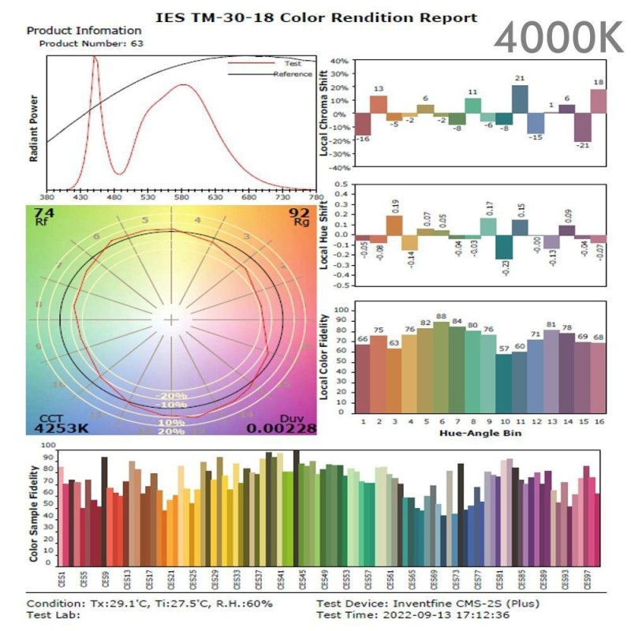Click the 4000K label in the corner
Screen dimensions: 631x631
(x=559, y=36)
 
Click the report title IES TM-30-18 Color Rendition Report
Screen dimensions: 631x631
(x=315, y=17)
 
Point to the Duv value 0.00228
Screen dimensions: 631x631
(x=282, y=428)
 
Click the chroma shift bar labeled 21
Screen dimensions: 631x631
(x=520, y=99)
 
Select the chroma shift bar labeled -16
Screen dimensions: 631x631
(x=364, y=125)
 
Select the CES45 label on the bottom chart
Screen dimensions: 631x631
(x=301, y=581)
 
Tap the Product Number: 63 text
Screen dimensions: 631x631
(x=92, y=43)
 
